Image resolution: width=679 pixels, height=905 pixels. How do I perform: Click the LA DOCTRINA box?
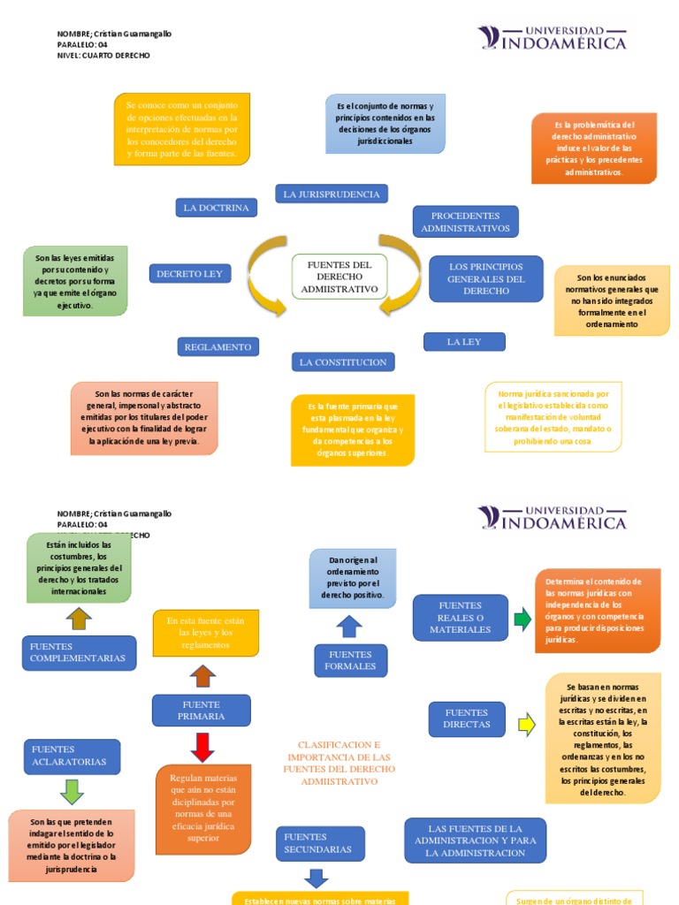click(216, 208)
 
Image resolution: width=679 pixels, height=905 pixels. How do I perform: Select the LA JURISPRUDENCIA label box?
click(332, 194)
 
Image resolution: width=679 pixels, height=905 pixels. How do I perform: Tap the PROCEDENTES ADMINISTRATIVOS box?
click(465, 222)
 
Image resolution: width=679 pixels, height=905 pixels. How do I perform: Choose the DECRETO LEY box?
click(189, 274)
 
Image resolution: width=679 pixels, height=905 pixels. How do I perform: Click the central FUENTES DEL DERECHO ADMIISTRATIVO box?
click(339, 277)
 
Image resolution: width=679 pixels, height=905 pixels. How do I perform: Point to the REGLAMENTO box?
click(217, 347)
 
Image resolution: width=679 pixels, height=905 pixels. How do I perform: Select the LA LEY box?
click(463, 342)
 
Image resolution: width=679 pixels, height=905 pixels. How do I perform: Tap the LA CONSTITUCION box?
click(343, 362)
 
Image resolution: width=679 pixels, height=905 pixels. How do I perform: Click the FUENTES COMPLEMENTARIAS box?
click(79, 653)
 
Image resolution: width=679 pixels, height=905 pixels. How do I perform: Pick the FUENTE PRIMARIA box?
click(201, 711)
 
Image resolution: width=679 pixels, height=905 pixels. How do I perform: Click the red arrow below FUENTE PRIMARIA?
click(202, 747)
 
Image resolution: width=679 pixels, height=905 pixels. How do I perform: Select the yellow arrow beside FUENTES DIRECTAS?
click(527, 725)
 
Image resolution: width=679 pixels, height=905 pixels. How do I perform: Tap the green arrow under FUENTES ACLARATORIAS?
click(72, 790)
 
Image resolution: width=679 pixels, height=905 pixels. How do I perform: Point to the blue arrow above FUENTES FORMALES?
click(349, 627)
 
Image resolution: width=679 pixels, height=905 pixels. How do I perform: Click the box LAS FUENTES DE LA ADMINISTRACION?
click(475, 840)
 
